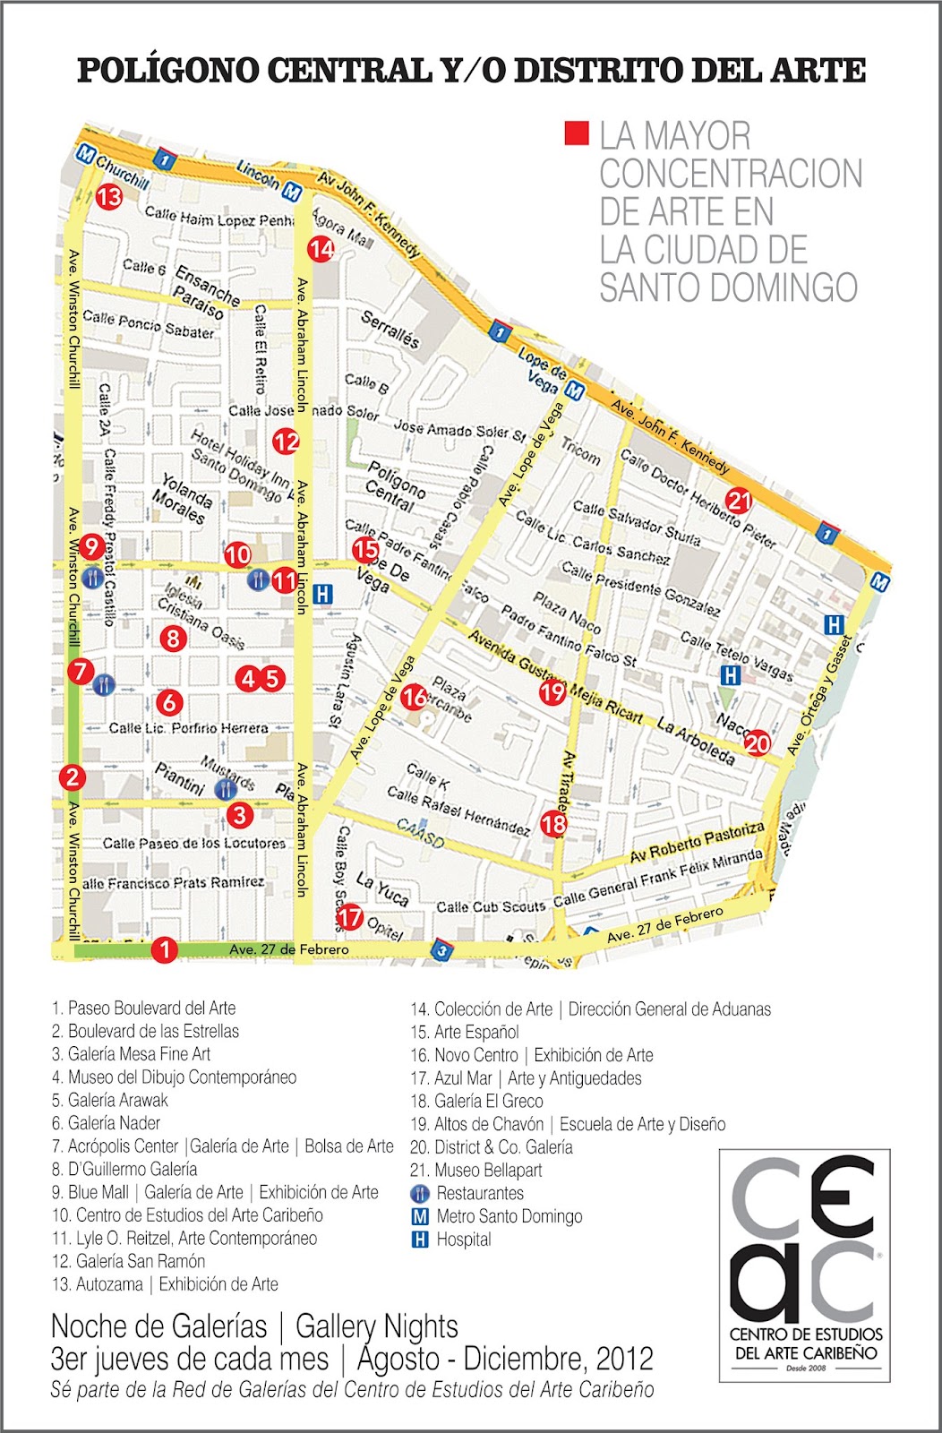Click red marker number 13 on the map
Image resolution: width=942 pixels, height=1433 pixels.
tap(109, 196)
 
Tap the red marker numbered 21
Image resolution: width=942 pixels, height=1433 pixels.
tap(739, 501)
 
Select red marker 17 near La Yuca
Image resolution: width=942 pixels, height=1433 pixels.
tap(349, 916)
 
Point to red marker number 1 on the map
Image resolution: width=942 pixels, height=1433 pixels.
tap(164, 948)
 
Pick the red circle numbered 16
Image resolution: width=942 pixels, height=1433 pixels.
tap(414, 697)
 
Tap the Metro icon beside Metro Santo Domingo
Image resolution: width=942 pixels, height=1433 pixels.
tap(419, 1216)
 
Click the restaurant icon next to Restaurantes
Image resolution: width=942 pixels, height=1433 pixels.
tap(419, 1193)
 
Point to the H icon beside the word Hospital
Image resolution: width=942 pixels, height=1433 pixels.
tap(419, 1240)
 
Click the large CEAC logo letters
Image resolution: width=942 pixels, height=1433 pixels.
tap(803, 1237)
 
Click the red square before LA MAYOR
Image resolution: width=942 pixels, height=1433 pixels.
tap(576, 134)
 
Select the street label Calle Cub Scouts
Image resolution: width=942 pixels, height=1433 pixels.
tap(491, 907)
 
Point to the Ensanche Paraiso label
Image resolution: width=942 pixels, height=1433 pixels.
tap(207, 291)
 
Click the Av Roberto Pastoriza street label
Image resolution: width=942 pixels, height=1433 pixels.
tap(697, 842)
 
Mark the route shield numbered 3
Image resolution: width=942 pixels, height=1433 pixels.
tap(441, 950)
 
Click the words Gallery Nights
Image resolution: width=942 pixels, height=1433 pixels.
tap(377, 1326)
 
